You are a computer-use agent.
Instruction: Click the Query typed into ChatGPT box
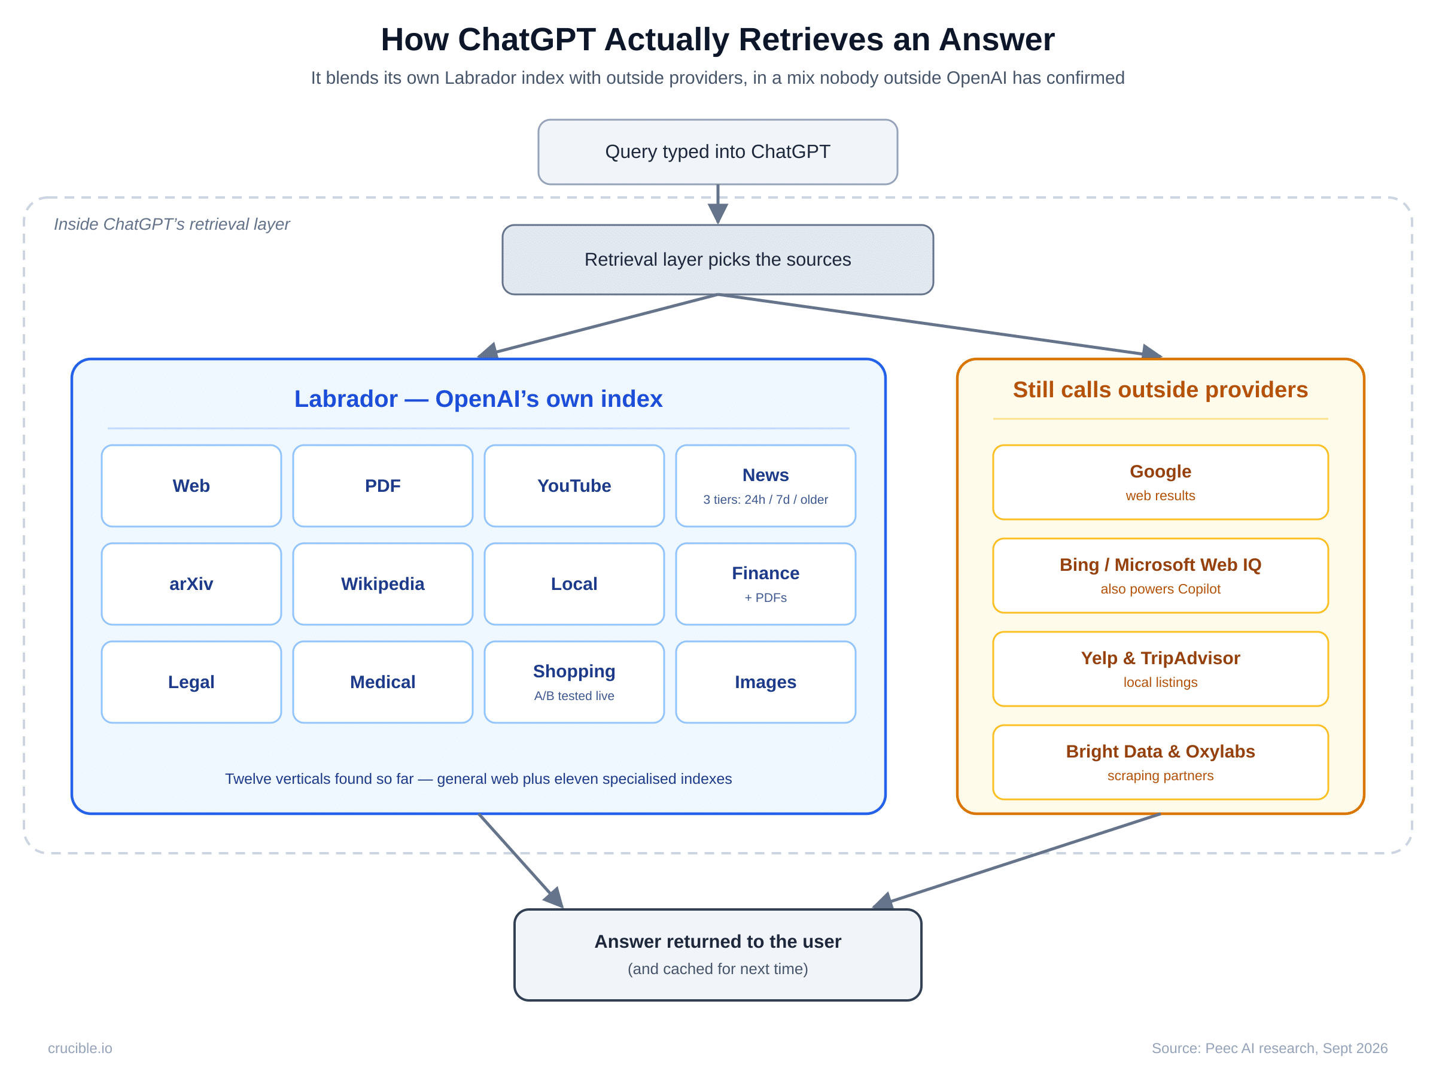pos(717,152)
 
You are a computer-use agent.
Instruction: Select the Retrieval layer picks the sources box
pos(717,260)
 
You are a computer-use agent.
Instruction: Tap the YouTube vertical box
pos(574,486)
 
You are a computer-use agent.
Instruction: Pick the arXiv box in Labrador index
pos(191,583)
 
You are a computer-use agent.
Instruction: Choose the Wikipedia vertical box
pos(383,583)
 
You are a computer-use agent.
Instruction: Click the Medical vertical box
pos(383,682)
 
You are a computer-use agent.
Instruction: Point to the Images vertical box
pos(766,682)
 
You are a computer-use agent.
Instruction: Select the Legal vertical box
pos(191,682)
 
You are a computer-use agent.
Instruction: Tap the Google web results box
pos(1160,482)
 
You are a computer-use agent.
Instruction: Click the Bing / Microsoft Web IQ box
pos(1160,576)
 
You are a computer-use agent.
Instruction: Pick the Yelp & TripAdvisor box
pos(1160,669)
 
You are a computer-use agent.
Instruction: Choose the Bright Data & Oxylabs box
pos(1160,762)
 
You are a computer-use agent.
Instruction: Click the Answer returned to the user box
pos(717,955)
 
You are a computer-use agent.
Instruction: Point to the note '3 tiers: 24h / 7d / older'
pos(765,499)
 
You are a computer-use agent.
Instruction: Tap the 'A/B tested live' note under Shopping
pos(574,695)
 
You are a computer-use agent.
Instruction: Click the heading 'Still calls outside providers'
pos(1160,390)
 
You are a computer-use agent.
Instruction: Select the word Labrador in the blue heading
pos(346,398)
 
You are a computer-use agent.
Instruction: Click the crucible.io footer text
pos(80,1048)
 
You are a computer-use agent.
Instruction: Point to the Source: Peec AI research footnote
pos(1269,1048)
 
